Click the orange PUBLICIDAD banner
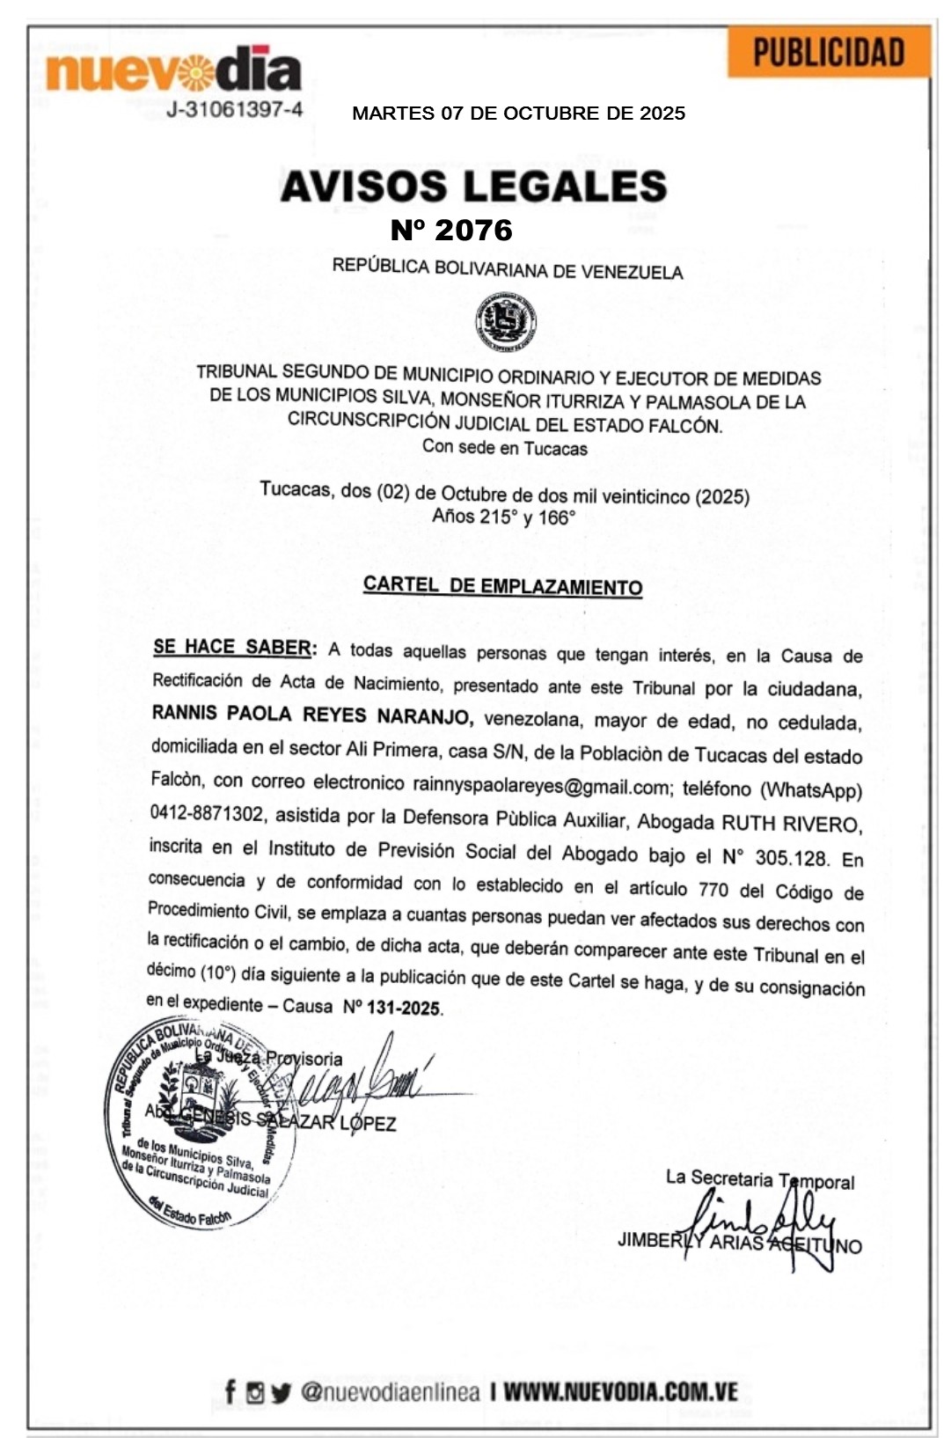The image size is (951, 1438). pos(828,52)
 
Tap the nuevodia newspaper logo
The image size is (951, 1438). pos(172,70)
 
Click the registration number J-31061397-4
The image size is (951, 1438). pos(235,110)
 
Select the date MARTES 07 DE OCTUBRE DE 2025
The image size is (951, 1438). pos(518,114)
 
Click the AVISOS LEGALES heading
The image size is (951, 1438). pos(473,186)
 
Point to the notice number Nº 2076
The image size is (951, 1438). pos(451,231)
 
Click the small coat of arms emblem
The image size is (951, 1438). pos(505,322)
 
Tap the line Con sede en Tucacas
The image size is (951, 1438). pos(504,447)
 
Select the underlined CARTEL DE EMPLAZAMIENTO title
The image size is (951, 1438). pos(502,586)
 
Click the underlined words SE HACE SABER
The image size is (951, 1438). pos(232,647)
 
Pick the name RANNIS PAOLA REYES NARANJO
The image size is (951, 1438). pos(312,715)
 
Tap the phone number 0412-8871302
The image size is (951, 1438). pos(207,813)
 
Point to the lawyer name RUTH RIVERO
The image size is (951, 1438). pos(789,824)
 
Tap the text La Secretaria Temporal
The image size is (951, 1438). pos(759,1179)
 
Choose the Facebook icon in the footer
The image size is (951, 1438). pos(230,1392)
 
